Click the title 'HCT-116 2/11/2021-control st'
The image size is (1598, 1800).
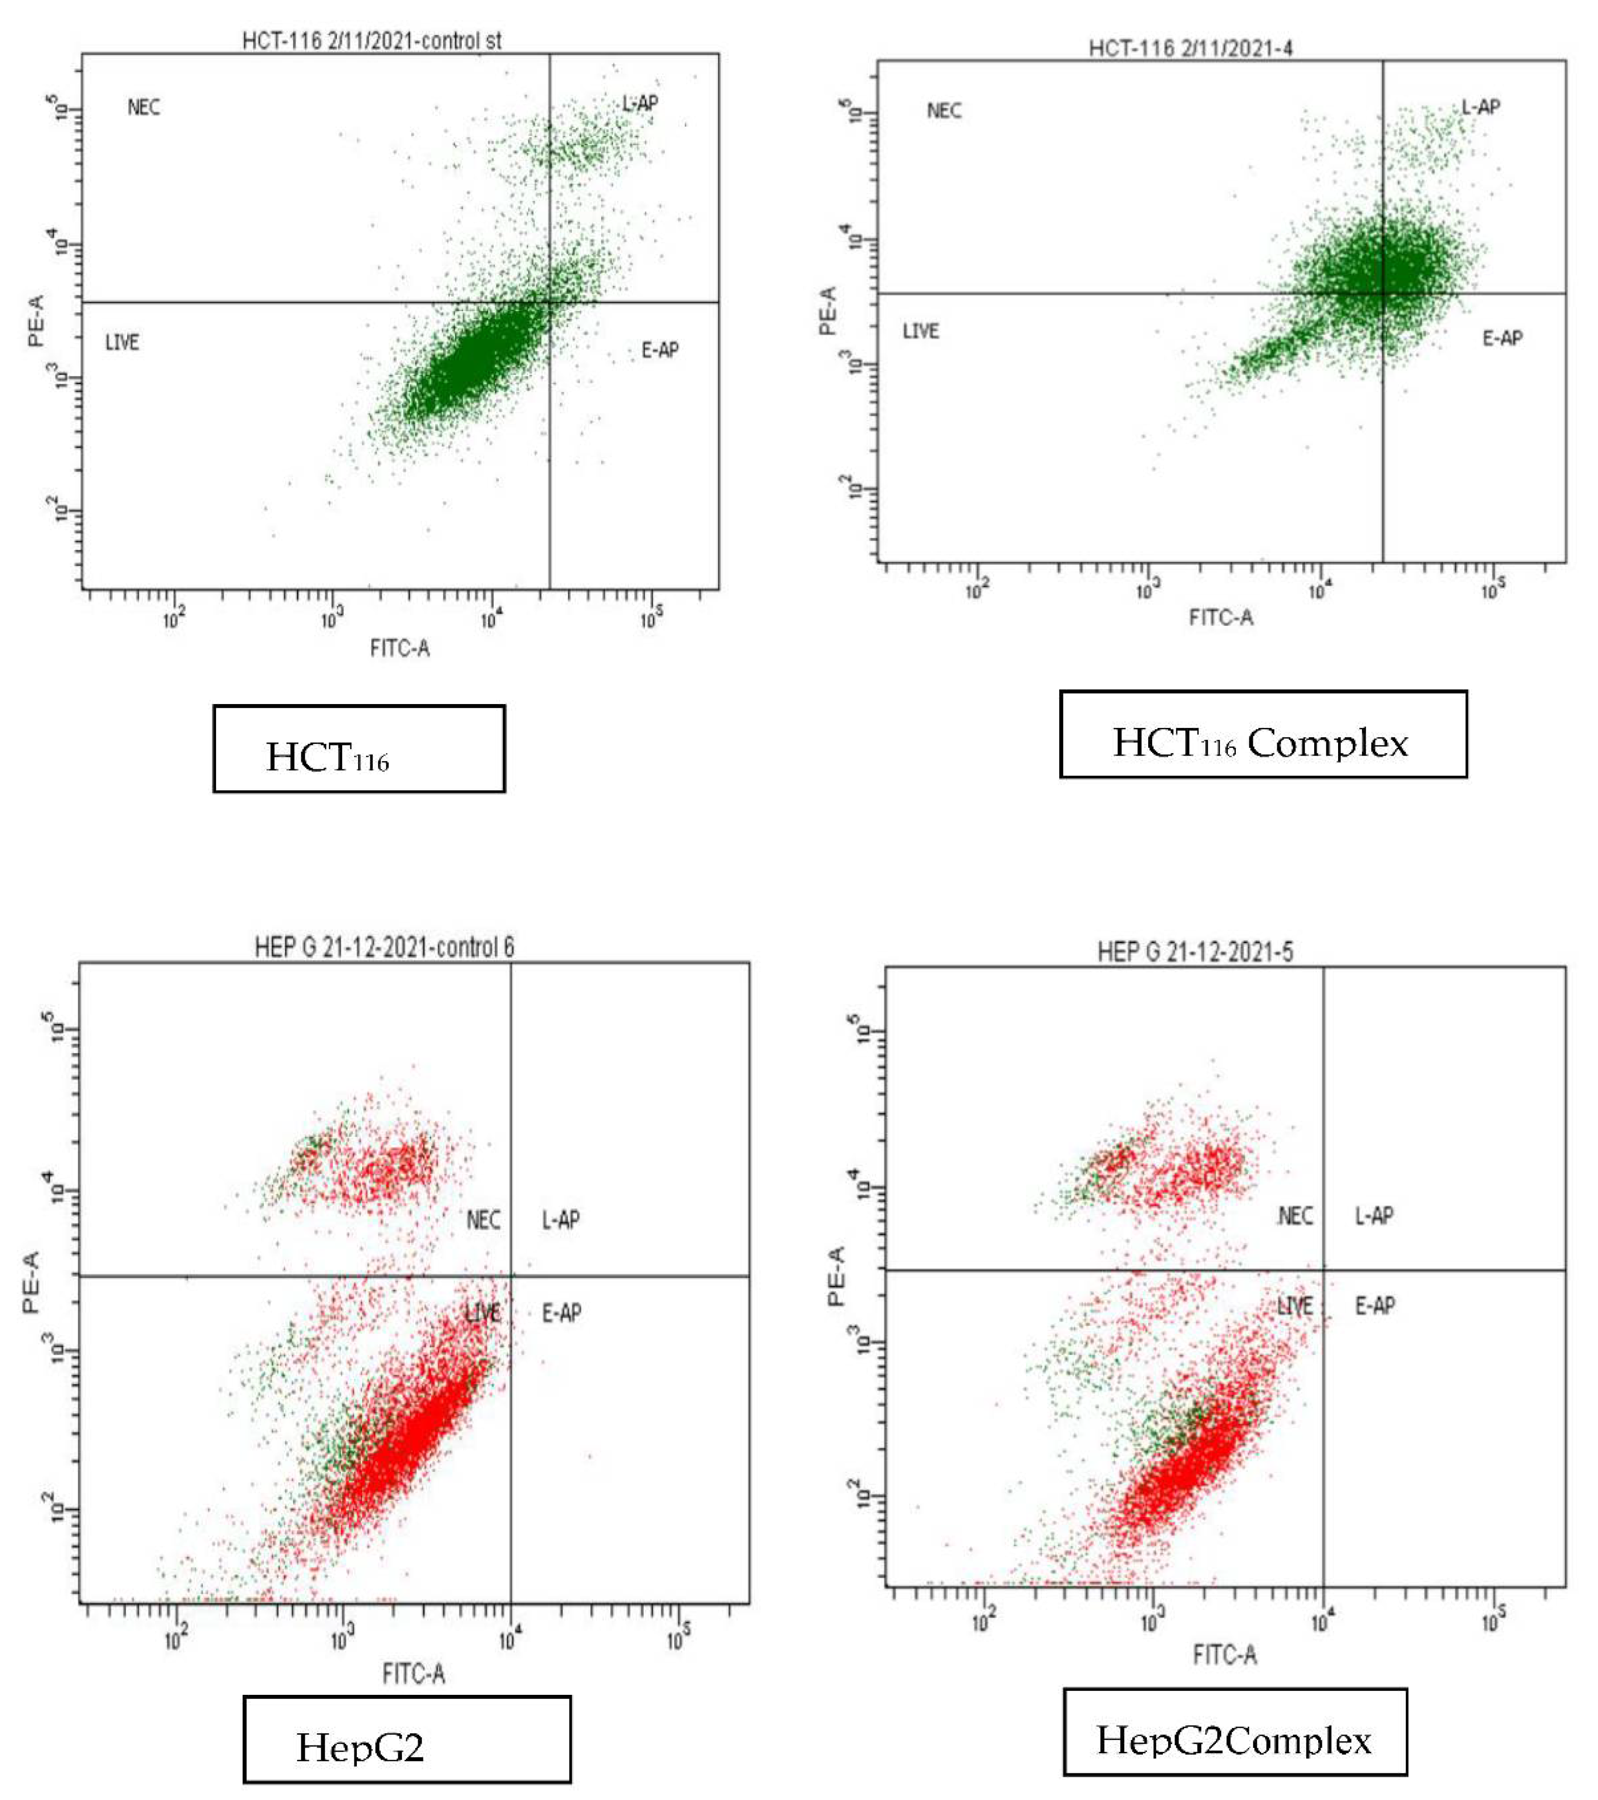click(x=371, y=40)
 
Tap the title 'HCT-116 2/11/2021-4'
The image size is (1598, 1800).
click(x=1191, y=48)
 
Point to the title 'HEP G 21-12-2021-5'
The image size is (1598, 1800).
click(x=1195, y=952)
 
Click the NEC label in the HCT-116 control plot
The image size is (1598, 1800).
click(x=144, y=108)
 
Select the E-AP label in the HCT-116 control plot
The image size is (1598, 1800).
click(x=660, y=351)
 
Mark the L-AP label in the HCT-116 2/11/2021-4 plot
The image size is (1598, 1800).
click(x=1481, y=108)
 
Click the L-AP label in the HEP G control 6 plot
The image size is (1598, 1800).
click(x=560, y=1220)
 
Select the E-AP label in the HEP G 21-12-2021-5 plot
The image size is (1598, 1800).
click(x=1375, y=1305)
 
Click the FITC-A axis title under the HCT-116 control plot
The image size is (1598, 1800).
click(x=400, y=649)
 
